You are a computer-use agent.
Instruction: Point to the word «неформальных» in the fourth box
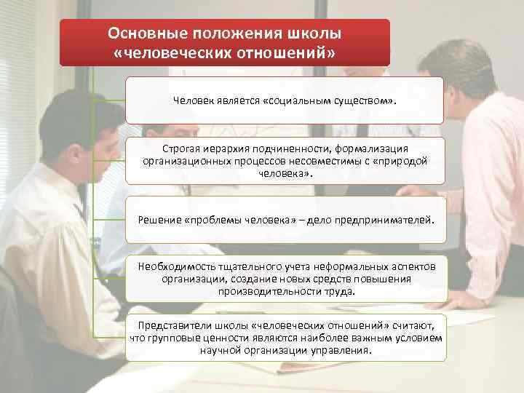pyautogui.click(x=360, y=267)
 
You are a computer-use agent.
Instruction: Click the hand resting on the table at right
pyautogui.click(x=466, y=298)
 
